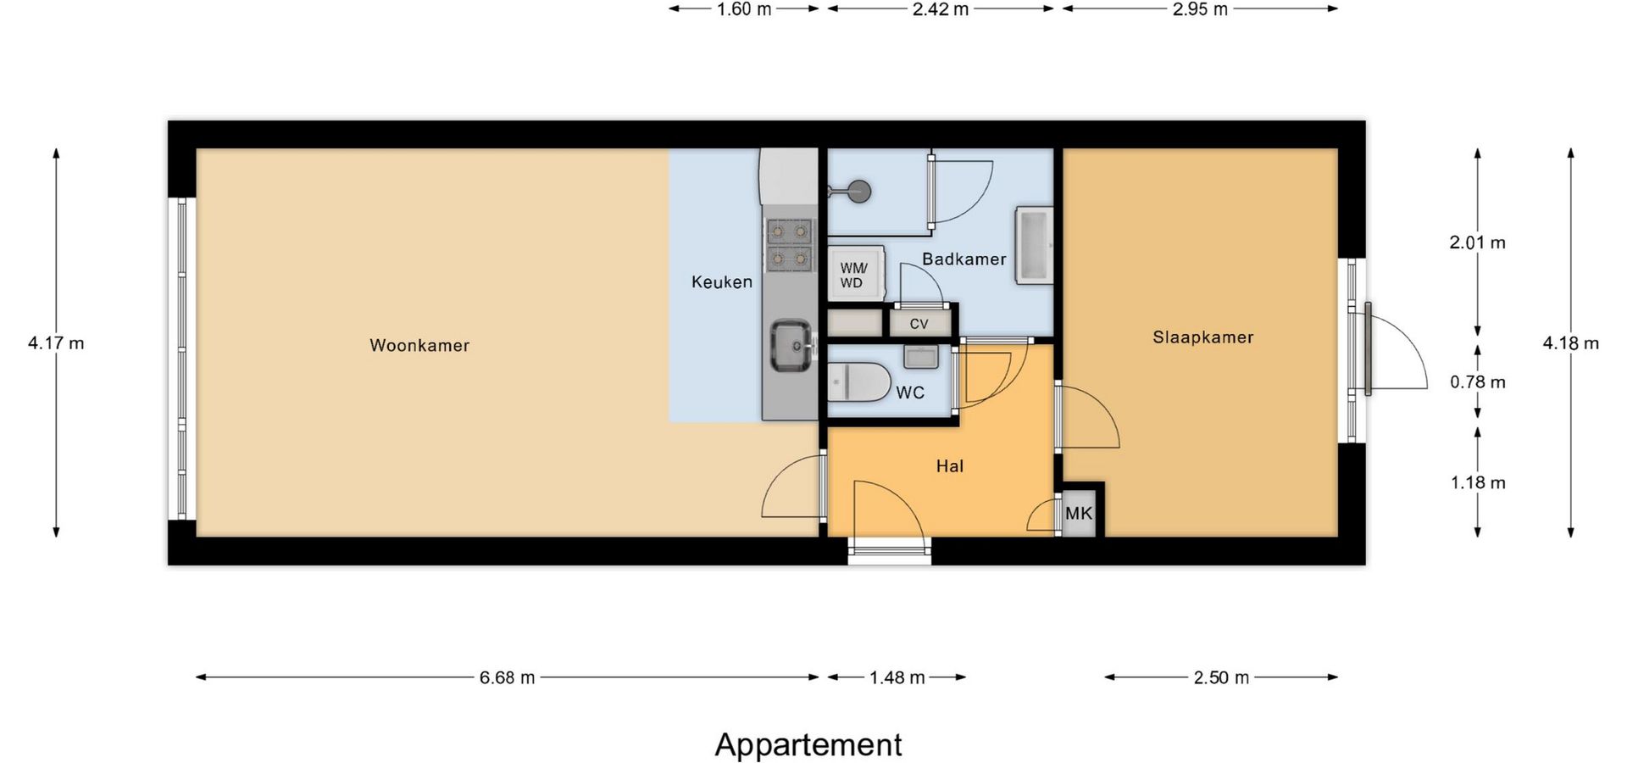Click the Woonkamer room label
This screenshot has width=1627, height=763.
[419, 345]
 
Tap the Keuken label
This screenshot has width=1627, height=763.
[722, 282]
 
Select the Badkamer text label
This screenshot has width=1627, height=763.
[964, 259]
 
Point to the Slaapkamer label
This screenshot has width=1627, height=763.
[1203, 337]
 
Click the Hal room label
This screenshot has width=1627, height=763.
[950, 465]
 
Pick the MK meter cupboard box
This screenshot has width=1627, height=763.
[1079, 513]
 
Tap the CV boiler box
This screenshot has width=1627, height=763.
[919, 323]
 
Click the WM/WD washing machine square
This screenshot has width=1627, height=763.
[857, 273]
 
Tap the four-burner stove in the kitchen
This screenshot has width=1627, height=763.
[790, 244]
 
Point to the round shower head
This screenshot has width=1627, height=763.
[859, 192]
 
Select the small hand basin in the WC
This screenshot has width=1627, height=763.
[921, 356]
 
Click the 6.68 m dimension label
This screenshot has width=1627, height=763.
[508, 677]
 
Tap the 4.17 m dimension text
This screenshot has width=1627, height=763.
[56, 343]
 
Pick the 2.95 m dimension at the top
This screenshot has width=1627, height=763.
[1200, 9]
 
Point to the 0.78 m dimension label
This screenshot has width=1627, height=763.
[1478, 382]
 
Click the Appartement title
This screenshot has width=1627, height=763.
[808, 744]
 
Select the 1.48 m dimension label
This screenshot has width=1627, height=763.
[897, 677]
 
